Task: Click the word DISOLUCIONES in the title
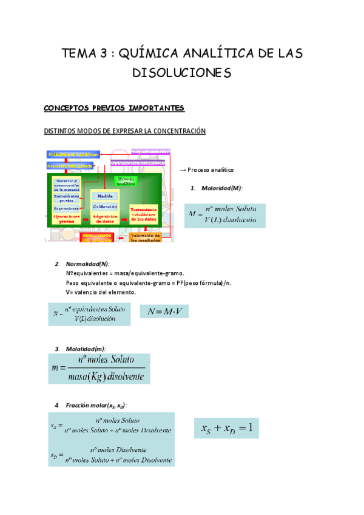pyautogui.click(x=182, y=73)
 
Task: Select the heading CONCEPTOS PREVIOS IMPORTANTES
pyautogui.click(x=113, y=108)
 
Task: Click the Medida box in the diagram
pyautogui.click(x=104, y=196)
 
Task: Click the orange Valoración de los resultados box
pyautogui.click(x=145, y=237)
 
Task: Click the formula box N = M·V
pyautogui.click(x=164, y=312)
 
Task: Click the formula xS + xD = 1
pyautogui.click(x=226, y=429)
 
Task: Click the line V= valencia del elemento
pyautogui.click(x=101, y=292)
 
